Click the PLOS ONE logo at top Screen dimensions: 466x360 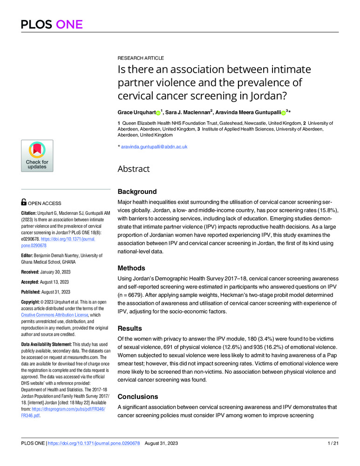(x=51, y=24)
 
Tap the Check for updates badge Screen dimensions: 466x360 (x=37, y=156)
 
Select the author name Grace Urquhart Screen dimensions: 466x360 (x=136, y=113)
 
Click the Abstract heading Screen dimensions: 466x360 (x=134, y=169)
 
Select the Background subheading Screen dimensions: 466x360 (x=137, y=192)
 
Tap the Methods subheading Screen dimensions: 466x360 (x=132, y=268)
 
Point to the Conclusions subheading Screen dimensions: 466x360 (x=138, y=397)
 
